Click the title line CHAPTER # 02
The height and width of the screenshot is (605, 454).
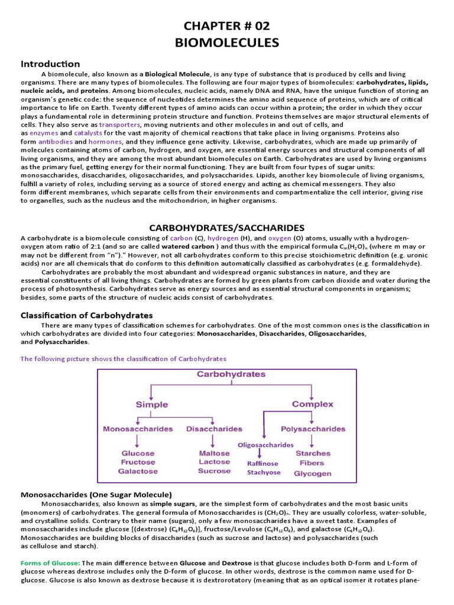point(226,26)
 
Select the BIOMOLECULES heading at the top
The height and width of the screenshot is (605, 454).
point(226,43)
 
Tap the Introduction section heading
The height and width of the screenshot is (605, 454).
point(50,64)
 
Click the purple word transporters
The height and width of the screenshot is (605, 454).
point(120,125)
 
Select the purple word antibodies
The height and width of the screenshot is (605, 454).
point(56,142)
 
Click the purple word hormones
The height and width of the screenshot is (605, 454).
point(105,142)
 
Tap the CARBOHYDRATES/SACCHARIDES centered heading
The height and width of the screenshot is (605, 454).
point(226,227)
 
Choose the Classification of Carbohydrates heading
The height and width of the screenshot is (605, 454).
point(86,315)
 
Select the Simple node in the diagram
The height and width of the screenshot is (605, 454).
point(152,405)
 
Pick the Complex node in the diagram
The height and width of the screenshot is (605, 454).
point(313,405)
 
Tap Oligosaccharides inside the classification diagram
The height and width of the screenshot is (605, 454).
point(265,445)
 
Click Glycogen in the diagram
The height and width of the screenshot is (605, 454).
point(313,473)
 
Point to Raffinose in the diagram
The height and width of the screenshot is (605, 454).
point(263,464)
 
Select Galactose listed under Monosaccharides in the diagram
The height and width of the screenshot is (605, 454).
point(138,471)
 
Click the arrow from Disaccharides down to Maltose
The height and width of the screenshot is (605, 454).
point(214,441)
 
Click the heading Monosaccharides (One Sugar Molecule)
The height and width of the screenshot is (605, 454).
point(96,494)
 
